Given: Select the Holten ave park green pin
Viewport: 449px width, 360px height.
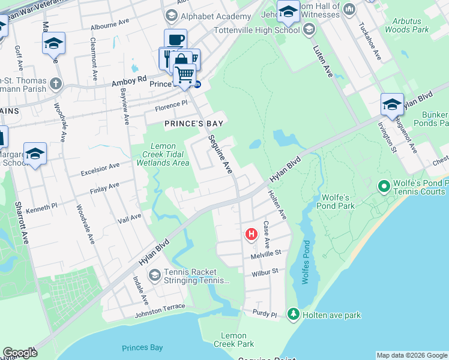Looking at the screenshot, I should pos(293,314).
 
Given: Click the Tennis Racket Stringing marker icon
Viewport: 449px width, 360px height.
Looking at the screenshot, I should pos(154,275).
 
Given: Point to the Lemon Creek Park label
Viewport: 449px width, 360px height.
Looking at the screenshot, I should pos(234,340).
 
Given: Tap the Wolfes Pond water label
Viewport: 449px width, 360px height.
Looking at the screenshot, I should pos(306,263).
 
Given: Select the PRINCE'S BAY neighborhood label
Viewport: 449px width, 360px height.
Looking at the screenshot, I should pos(194,124).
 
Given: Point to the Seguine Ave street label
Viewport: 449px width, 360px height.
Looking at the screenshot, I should pos(220,155).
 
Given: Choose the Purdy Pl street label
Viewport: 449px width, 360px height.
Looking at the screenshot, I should pos(265,314).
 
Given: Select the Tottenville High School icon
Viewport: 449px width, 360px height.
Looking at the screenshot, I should pos(309,29).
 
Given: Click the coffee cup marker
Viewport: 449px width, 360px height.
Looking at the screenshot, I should pos(175,40).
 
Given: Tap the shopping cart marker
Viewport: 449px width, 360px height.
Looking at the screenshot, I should pos(184,74).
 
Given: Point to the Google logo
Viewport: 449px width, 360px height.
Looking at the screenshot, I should pos(20,353).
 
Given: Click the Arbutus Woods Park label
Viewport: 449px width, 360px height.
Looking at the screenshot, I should pos(406,25).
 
